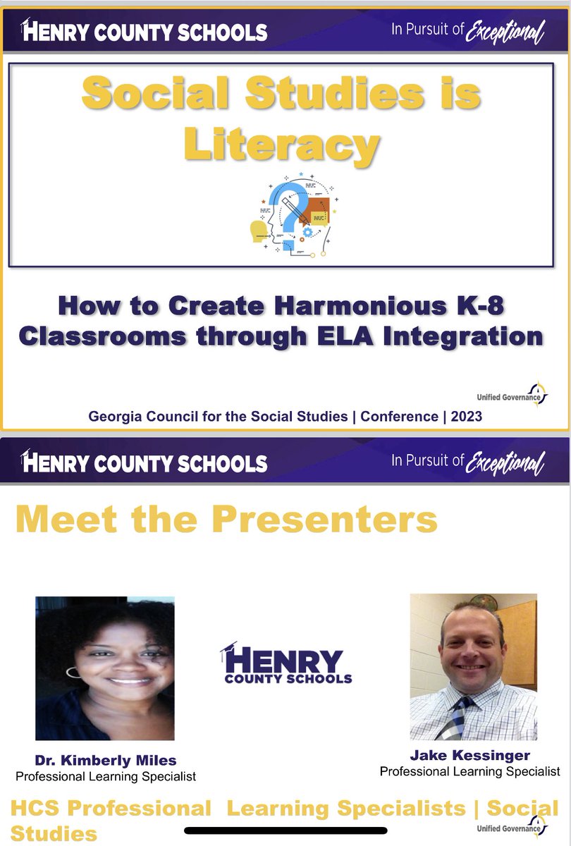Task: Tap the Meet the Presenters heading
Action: (226, 520)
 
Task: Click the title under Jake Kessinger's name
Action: (469, 771)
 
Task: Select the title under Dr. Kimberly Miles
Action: (105, 776)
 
